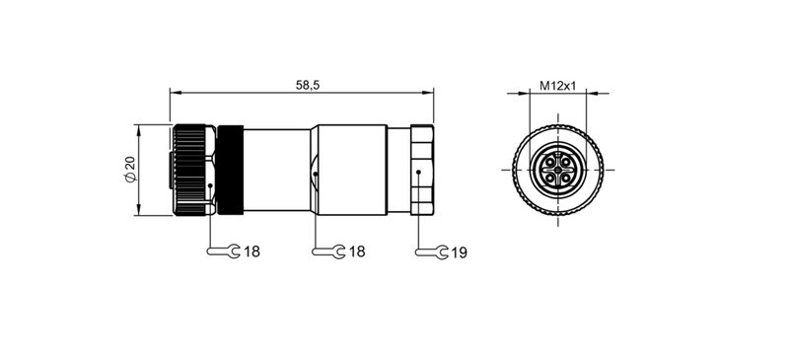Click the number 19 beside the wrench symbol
(x=458, y=252)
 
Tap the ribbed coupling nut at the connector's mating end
(x=192, y=170)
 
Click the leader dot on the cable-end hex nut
(x=418, y=175)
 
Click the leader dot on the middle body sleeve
(x=315, y=175)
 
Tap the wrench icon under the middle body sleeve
(x=324, y=252)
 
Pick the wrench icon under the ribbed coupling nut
(x=222, y=252)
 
